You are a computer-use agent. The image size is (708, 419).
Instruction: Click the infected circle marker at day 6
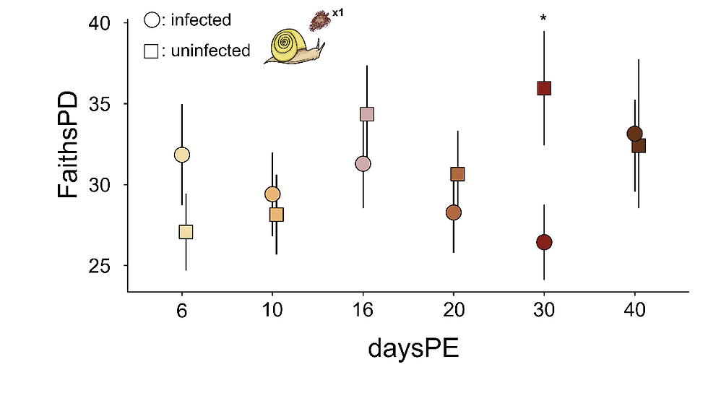182,155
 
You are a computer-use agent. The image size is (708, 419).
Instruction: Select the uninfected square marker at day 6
186,232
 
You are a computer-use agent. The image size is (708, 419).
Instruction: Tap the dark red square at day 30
544,88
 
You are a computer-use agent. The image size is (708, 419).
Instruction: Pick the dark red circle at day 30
544,242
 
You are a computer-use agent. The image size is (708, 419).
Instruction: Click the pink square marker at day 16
366,114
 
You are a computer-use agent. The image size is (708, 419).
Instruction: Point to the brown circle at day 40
634,134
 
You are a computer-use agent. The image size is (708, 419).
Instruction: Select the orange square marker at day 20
457,174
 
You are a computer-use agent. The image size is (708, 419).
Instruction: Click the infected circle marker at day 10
272,194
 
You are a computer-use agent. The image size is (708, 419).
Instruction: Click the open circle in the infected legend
152,20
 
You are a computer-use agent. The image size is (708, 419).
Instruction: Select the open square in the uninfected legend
152,51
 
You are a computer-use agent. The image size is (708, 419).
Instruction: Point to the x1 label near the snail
337,12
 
